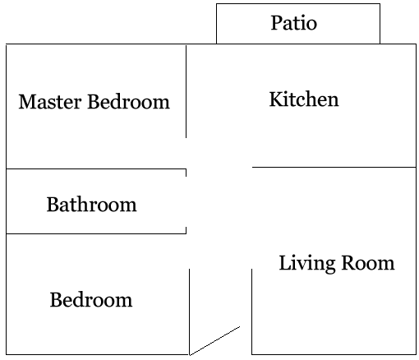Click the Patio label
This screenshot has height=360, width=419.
tap(294, 23)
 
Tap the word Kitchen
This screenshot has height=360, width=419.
tap(304, 99)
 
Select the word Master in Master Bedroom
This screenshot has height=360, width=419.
tap(50, 102)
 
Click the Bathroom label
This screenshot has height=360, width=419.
tap(91, 205)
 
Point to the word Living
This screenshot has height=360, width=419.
tap(307, 264)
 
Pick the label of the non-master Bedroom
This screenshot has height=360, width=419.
tap(91, 300)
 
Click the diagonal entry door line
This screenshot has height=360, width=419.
tap(214, 341)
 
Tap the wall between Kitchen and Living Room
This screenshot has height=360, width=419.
tap(334, 167)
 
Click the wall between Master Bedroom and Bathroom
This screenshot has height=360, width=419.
tap(96, 169)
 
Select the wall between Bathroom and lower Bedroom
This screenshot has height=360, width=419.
tap(96, 233)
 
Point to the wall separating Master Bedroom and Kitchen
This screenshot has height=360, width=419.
tap(186, 91)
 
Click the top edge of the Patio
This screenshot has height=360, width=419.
tap(298, 4)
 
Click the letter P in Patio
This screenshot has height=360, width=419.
tap(276, 23)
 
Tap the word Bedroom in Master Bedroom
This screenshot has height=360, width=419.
tap(128, 102)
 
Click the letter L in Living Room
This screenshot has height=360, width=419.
tap(285, 263)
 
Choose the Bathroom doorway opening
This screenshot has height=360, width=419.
tap(186, 201)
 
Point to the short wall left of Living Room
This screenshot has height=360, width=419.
tap(252, 312)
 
